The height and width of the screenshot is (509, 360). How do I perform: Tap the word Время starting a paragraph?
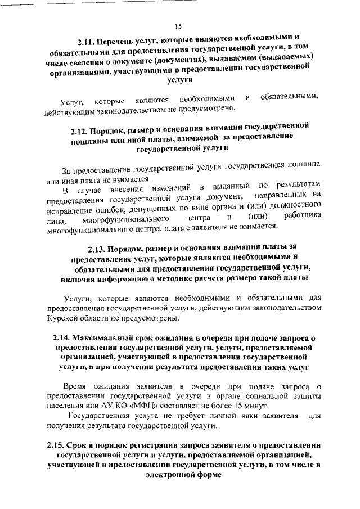pos(75,386)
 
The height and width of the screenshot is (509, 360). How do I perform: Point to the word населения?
pos(66,406)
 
